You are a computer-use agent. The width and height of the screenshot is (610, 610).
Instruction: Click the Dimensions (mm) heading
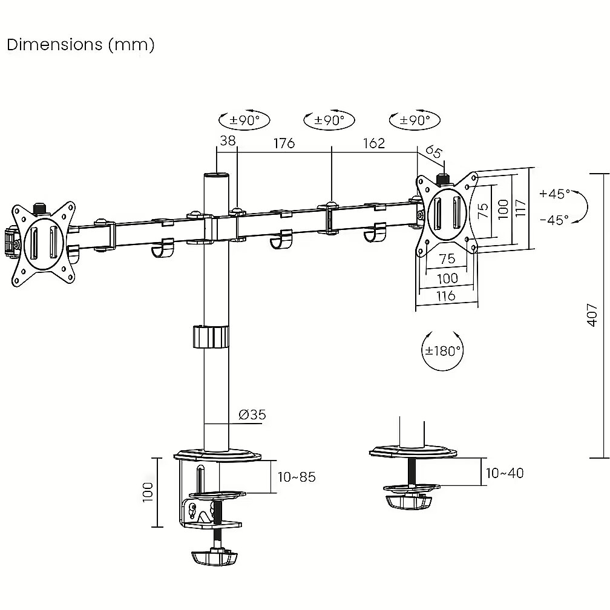pyautogui.click(x=81, y=45)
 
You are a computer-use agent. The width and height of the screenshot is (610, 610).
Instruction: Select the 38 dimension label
pyautogui.click(x=228, y=140)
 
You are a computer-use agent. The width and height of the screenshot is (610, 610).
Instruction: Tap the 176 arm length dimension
pyautogui.click(x=284, y=143)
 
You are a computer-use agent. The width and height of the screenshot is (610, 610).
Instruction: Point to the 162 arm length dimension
pyautogui.click(x=374, y=143)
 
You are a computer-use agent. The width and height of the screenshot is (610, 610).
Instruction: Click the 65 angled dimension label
pyautogui.click(x=433, y=151)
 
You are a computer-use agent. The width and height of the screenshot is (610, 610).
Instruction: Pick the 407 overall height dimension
pyautogui.click(x=592, y=315)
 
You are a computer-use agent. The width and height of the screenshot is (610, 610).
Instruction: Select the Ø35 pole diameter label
pyautogui.click(x=252, y=415)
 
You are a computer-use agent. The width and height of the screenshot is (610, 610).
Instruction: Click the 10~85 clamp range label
pyautogui.click(x=297, y=477)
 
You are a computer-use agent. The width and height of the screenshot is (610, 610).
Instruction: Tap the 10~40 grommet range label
pyautogui.click(x=505, y=473)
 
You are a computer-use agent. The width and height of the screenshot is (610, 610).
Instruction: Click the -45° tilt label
pyautogui.click(x=554, y=220)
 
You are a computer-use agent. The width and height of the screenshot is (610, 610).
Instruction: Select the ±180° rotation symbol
pyautogui.click(x=443, y=350)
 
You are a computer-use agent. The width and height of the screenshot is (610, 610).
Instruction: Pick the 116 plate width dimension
pyautogui.click(x=446, y=296)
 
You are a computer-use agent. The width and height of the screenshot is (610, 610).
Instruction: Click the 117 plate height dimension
pyautogui.click(x=520, y=208)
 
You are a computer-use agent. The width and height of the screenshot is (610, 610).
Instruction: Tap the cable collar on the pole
pyautogui.click(x=211, y=336)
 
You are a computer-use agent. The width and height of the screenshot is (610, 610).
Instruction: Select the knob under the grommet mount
pyautogui.click(x=409, y=502)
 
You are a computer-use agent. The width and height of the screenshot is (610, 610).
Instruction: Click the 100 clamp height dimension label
pyautogui.click(x=148, y=492)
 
